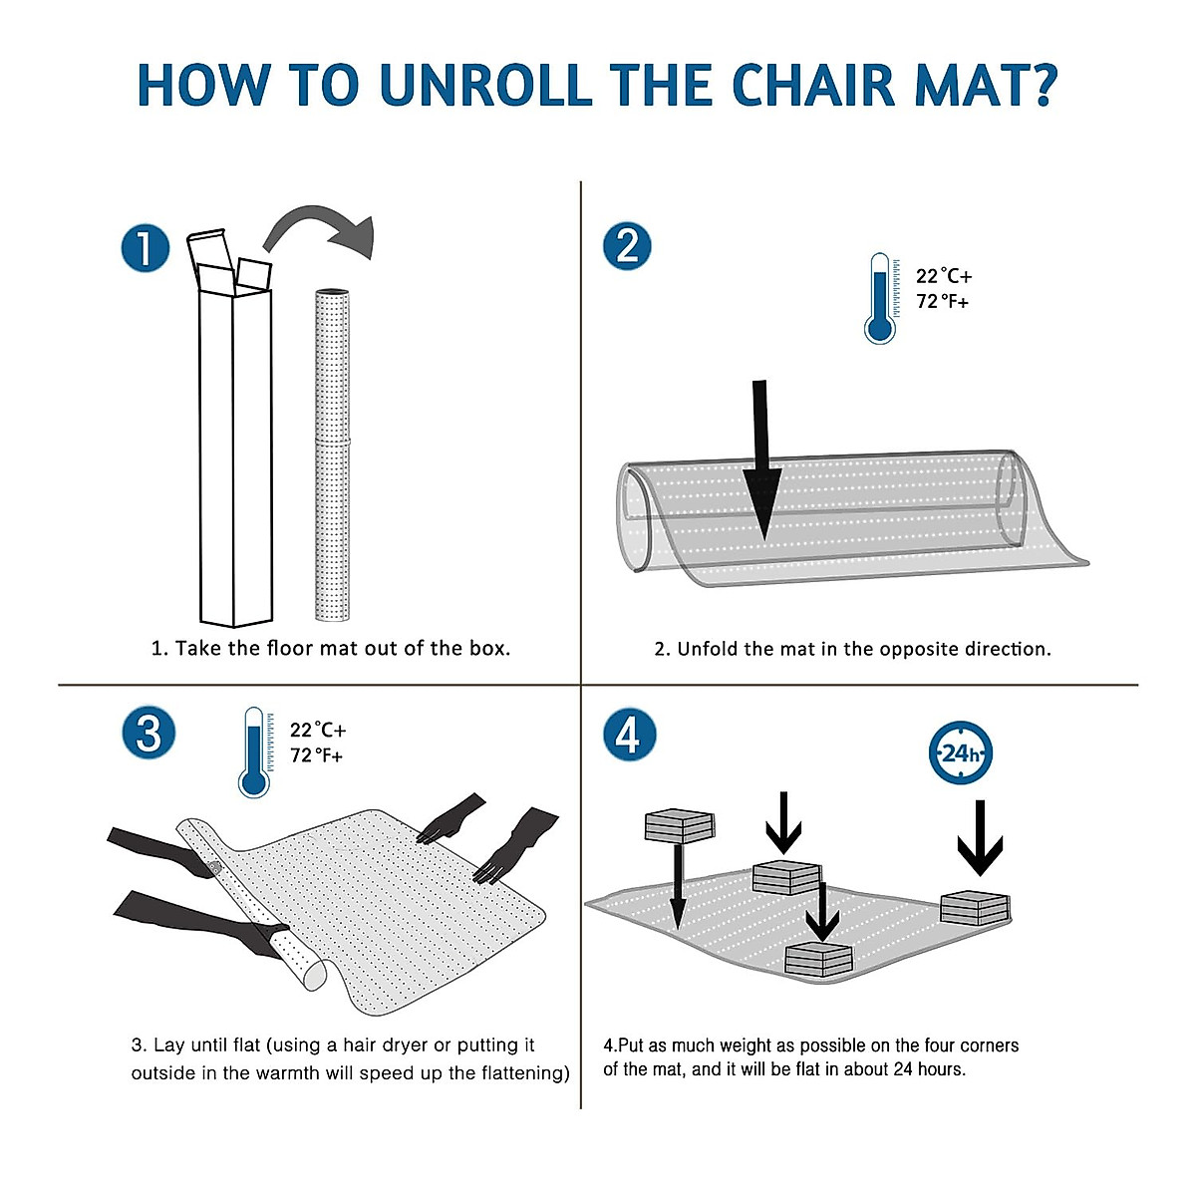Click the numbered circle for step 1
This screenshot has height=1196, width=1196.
(x=146, y=248)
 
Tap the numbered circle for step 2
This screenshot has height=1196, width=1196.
(x=627, y=246)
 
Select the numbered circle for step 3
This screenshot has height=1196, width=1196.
(x=149, y=735)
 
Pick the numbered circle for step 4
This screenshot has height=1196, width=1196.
(x=629, y=735)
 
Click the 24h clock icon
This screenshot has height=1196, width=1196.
(x=960, y=752)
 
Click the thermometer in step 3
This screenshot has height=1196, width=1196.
(x=255, y=752)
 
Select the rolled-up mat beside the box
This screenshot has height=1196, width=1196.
(x=332, y=454)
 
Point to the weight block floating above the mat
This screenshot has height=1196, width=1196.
(x=680, y=826)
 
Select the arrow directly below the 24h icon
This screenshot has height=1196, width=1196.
(x=980, y=838)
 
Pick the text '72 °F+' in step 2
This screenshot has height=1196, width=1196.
(x=942, y=302)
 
